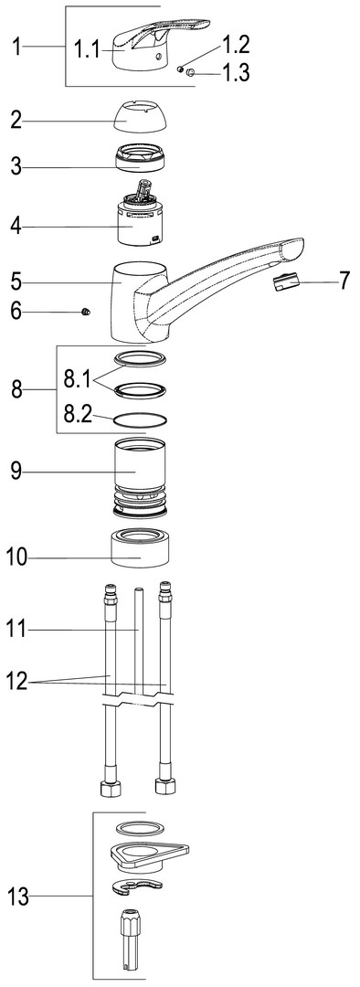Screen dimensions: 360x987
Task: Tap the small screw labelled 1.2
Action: coord(180,69)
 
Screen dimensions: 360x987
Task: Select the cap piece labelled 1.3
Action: coord(191,73)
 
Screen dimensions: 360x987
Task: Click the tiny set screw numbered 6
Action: coord(86,311)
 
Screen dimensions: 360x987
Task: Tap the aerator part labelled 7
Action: coord(286,283)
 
